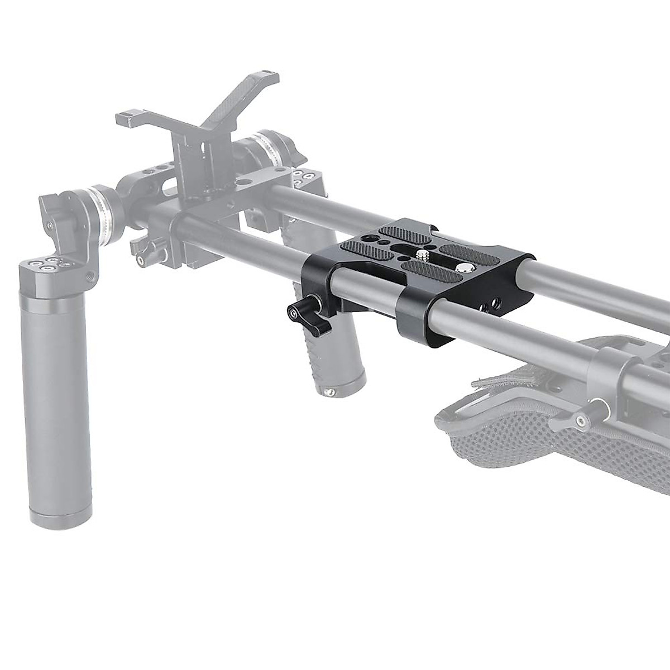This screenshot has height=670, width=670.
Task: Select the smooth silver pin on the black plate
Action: tap(463, 269)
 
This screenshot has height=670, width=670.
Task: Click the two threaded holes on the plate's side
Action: tap(494, 302)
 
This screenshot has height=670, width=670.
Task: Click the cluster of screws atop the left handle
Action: tap(54, 263)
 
